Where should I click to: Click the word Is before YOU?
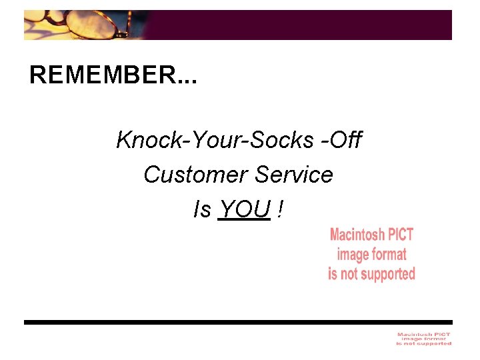point(201,210)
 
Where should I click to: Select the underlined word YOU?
point(244,210)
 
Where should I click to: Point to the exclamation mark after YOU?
point(281,210)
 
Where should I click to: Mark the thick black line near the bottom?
point(238,322)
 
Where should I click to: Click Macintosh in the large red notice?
point(357,235)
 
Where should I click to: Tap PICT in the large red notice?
point(401,235)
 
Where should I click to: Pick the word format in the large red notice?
point(390,254)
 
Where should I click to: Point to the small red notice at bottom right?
point(424,339)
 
